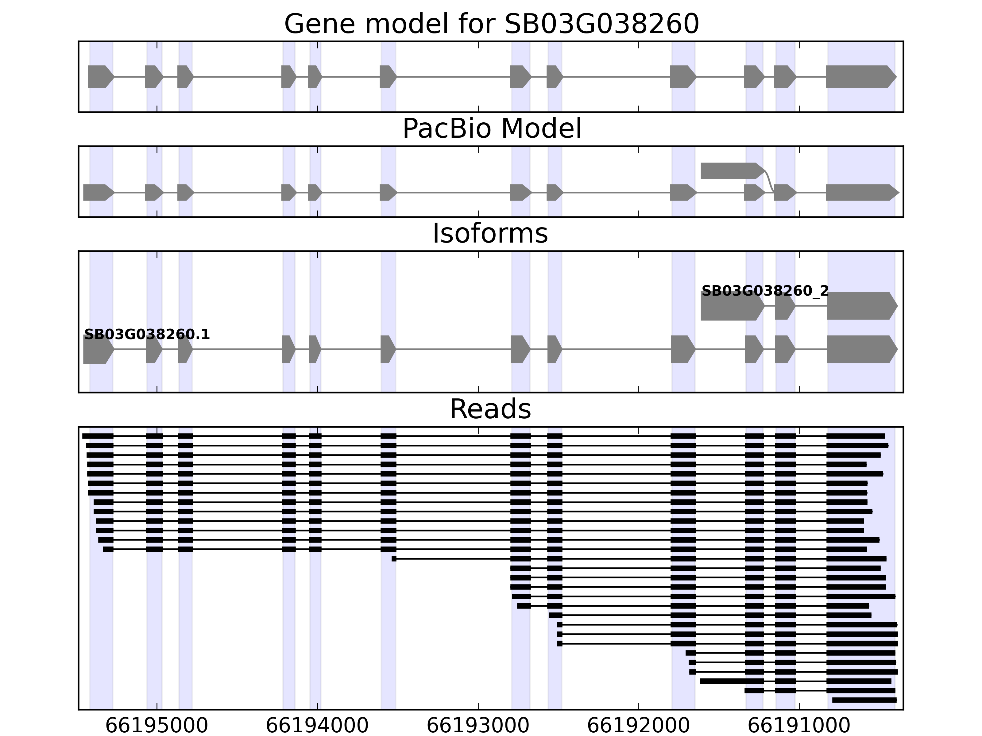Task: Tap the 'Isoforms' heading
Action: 490,233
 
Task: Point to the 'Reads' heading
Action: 490,409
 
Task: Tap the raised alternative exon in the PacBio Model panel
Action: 730,171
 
